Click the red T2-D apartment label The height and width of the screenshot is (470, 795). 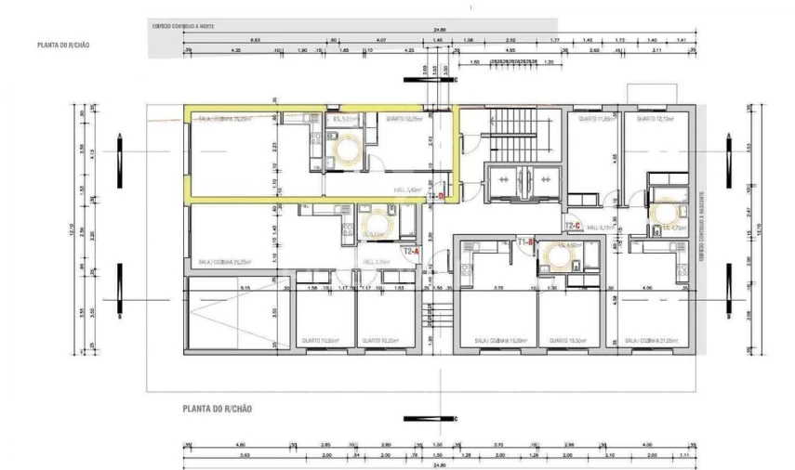(x=437, y=196)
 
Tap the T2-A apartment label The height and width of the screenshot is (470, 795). (x=410, y=250)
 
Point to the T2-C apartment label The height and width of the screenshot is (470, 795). (x=572, y=226)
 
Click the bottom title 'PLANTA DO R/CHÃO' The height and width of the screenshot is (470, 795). (x=218, y=408)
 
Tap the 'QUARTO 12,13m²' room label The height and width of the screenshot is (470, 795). (x=654, y=120)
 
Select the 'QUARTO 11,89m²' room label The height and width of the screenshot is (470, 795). (x=598, y=120)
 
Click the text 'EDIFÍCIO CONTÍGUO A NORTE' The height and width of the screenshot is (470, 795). (x=183, y=26)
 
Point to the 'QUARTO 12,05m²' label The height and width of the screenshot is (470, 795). (x=405, y=120)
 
